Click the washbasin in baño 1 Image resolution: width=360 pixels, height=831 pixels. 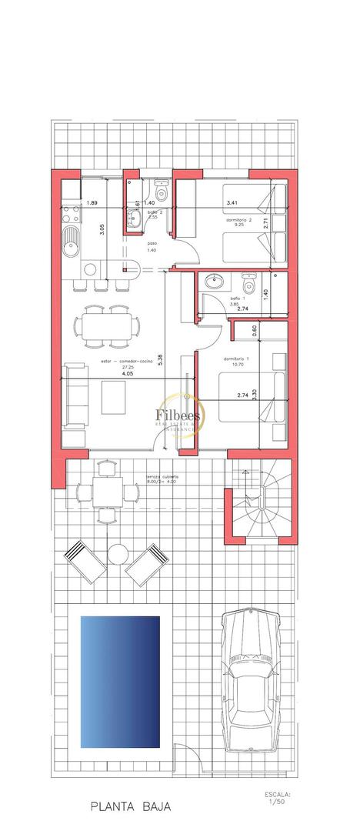(211, 280)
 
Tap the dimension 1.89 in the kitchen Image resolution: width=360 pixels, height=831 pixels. (92, 203)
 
